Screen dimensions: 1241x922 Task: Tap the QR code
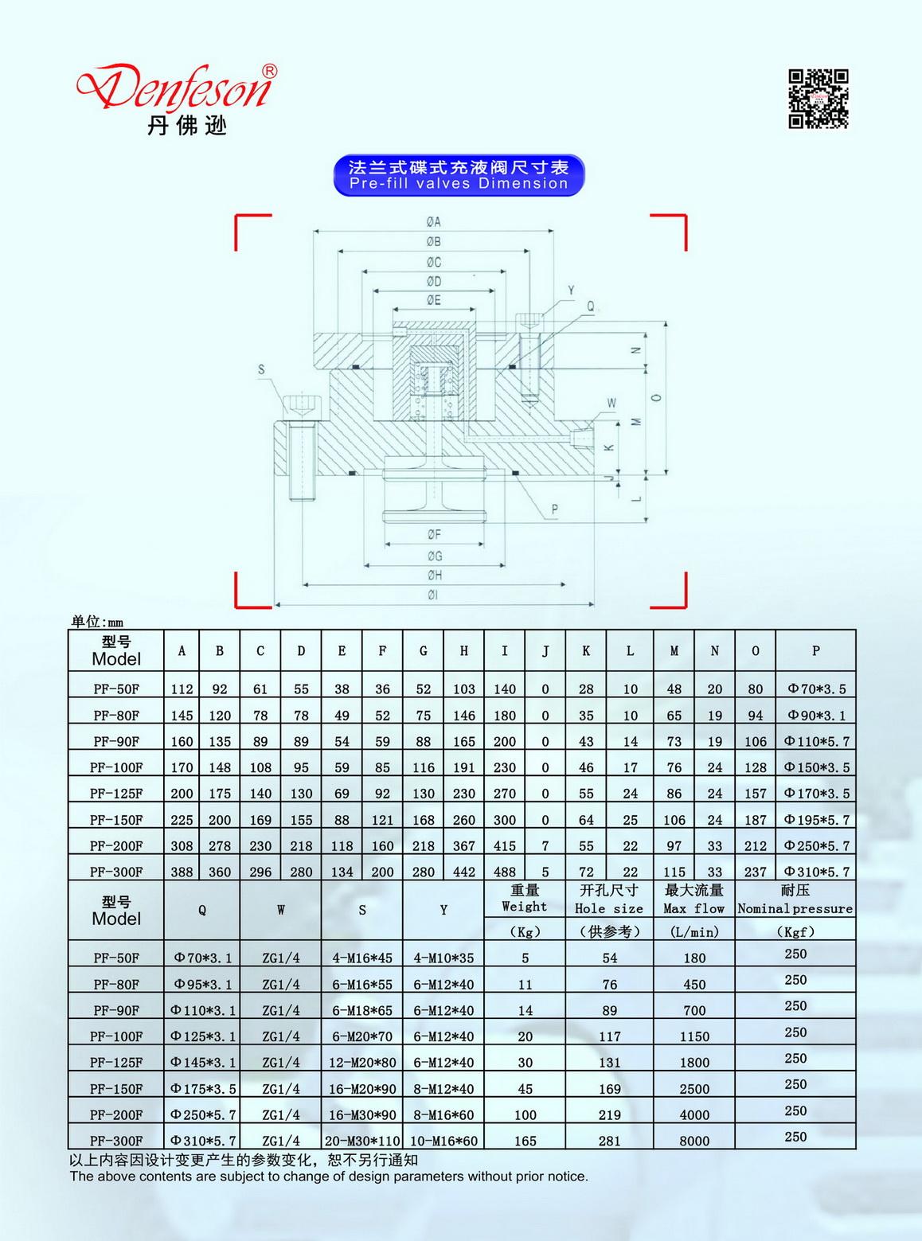coord(818,99)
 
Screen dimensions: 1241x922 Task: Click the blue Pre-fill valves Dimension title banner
coord(459,175)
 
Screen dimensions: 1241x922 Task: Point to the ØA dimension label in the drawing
coord(433,222)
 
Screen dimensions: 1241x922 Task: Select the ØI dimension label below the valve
coord(433,595)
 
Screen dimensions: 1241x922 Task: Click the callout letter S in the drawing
coord(261,369)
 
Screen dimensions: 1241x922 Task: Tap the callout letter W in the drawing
coord(611,403)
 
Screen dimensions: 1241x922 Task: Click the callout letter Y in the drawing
coord(571,291)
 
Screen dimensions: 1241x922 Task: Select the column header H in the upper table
coord(463,651)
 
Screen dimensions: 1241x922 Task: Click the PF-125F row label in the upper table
coord(116,794)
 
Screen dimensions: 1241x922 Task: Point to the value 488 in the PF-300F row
coord(504,872)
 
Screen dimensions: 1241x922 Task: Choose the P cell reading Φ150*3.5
coord(816,767)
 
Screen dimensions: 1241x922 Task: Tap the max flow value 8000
coord(694,1141)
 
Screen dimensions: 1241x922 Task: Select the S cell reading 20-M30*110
coord(362,1141)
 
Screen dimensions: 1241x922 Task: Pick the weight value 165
coord(525,1141)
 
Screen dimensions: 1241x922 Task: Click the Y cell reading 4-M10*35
coord(443,958)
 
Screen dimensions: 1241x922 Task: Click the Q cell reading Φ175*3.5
coord(201,1088)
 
